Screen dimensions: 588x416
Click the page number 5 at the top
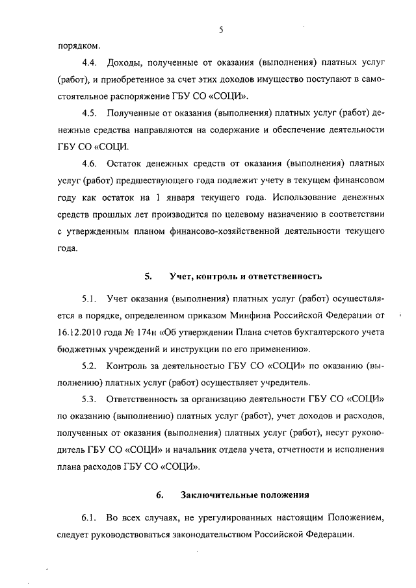(x=221, y=29)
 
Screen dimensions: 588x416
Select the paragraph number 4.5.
(x=89, y=112)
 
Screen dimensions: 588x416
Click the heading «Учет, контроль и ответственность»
(x=245, y=276)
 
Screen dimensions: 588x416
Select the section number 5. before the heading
(x=148, y=276)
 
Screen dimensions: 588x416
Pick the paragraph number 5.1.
(x=89, y=299)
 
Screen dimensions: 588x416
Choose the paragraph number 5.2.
(x=89, y=364)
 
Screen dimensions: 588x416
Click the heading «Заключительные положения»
(x=244, y=495)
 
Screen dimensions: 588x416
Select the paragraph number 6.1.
(x=89, y=518)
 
